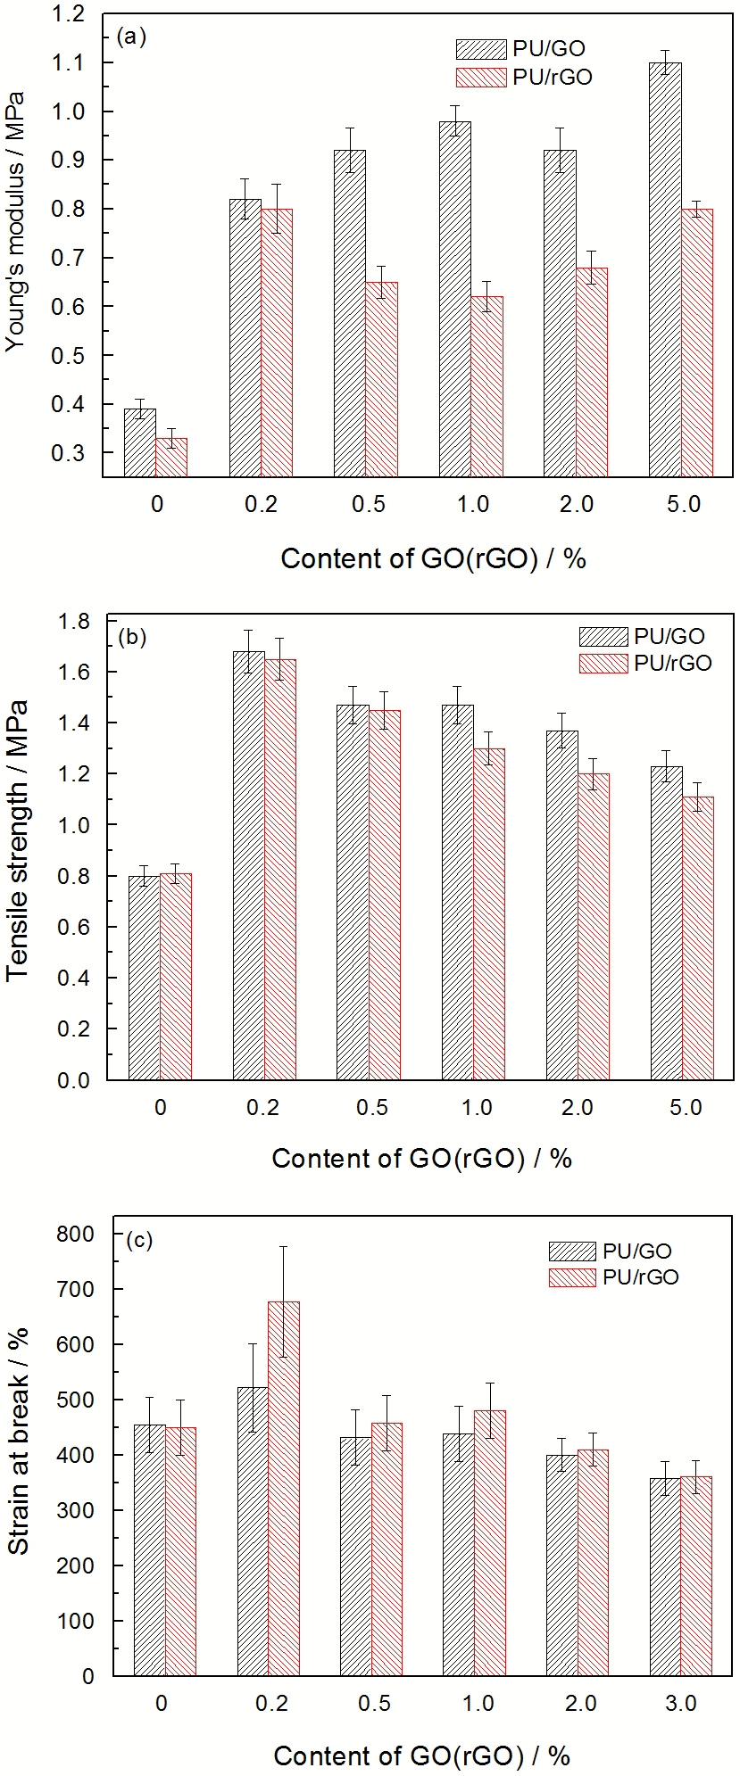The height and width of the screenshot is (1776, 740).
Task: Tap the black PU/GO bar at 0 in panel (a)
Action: (x=139, y=442)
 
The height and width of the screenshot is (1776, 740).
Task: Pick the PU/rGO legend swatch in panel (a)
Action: (x=480, y=78)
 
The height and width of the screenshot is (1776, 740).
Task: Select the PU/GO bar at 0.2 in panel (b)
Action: (x=249, y=865)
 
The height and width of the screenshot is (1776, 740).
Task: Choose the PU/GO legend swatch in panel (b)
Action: (x=603, y=637)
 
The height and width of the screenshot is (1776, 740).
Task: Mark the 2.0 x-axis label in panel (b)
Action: (x=578, y=1108)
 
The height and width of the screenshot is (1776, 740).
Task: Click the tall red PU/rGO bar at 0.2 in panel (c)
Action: (x=284, y=1488)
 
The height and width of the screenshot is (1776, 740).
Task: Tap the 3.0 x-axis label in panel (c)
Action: (x=681, y=1703)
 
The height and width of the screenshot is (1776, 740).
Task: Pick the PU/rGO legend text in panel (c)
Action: (x=640, y=1277)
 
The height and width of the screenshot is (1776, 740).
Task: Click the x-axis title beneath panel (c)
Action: (x=421, y=1755)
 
